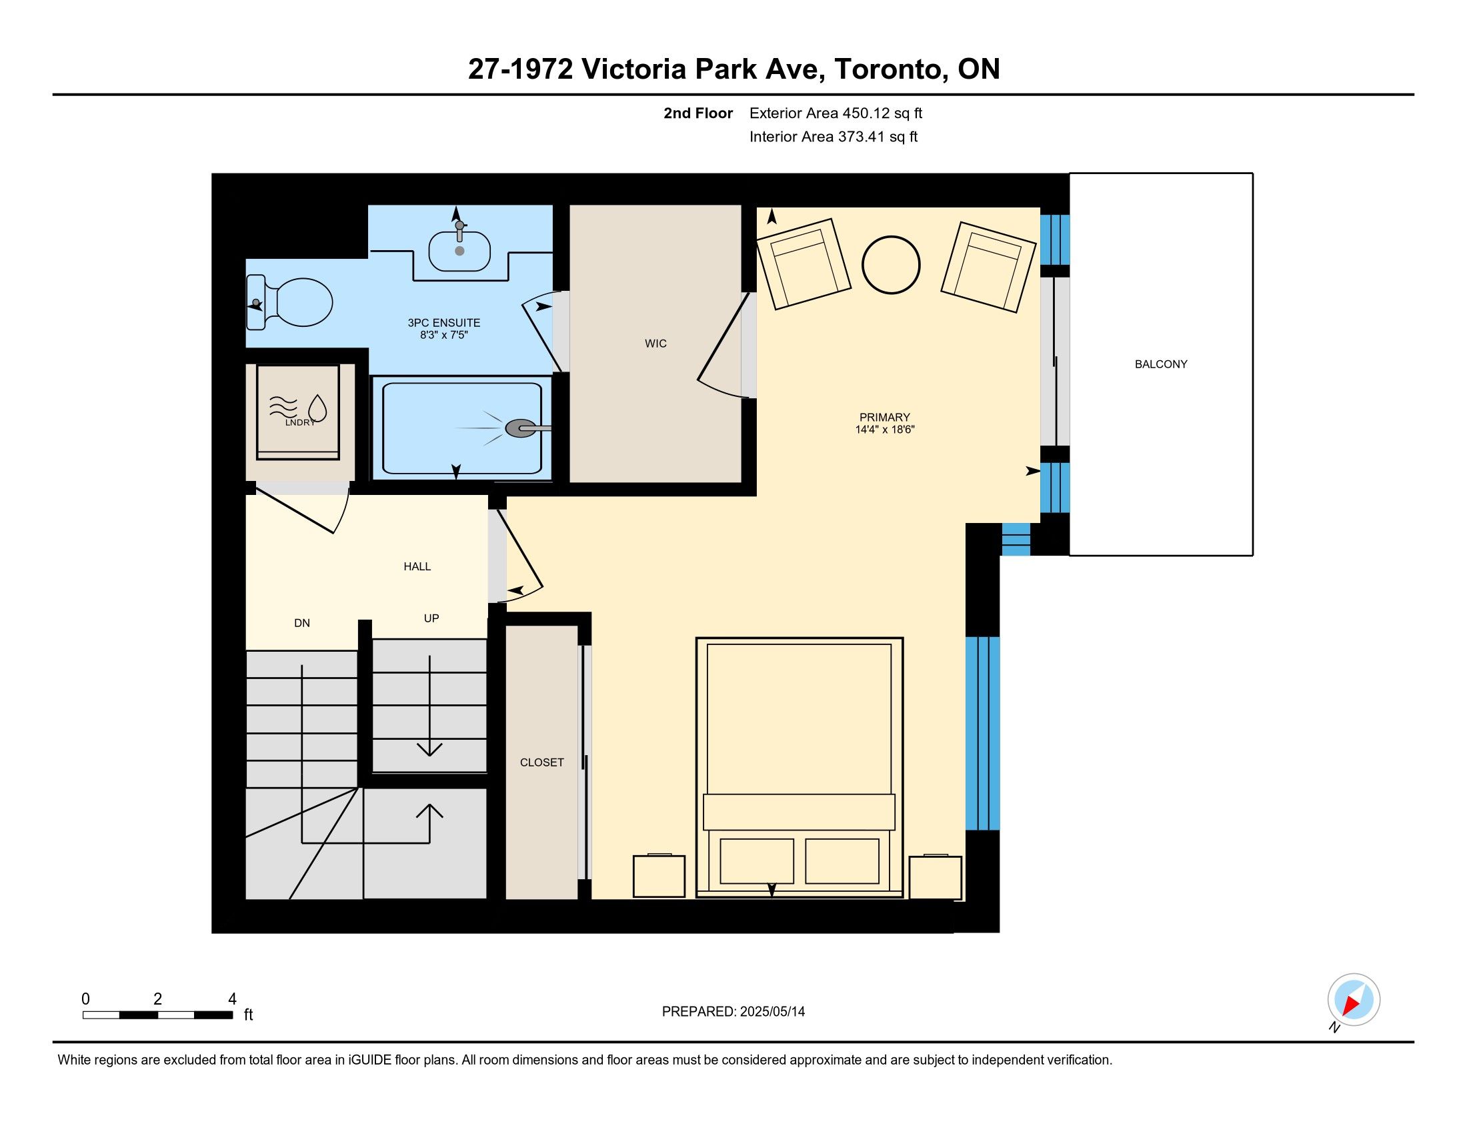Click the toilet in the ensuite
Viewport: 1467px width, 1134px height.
[289, 303]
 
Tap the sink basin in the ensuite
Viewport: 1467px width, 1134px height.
[459, 251]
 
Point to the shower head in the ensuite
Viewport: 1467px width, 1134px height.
[521, 428]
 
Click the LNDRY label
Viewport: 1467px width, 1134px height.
[300, 422]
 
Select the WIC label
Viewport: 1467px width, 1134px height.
[655, 344]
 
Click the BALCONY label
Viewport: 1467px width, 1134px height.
[1161, 364]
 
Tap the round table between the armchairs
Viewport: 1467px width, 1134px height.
[891, 265]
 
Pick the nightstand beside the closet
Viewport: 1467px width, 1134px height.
[659, 875]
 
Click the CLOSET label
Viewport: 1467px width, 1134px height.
[542, 762]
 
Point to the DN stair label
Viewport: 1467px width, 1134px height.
[302, 624]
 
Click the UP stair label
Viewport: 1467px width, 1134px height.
[431, 618]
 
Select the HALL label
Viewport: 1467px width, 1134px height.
[417, 566]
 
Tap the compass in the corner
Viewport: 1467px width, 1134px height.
[1354, 1000]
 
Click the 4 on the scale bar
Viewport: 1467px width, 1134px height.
[233, 999]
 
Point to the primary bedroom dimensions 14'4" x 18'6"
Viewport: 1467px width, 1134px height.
[885, 430]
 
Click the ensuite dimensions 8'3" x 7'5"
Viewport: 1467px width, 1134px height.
[443, 335]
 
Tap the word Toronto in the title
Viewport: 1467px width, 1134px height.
[891, 69]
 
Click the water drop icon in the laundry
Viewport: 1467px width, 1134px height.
[317, 407]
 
